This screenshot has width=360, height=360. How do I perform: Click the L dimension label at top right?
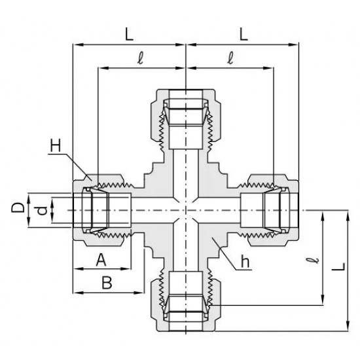(x=243, y=35)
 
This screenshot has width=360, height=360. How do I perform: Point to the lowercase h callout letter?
(x=245, y=261)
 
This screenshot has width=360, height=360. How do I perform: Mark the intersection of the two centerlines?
(x=187, y=209)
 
